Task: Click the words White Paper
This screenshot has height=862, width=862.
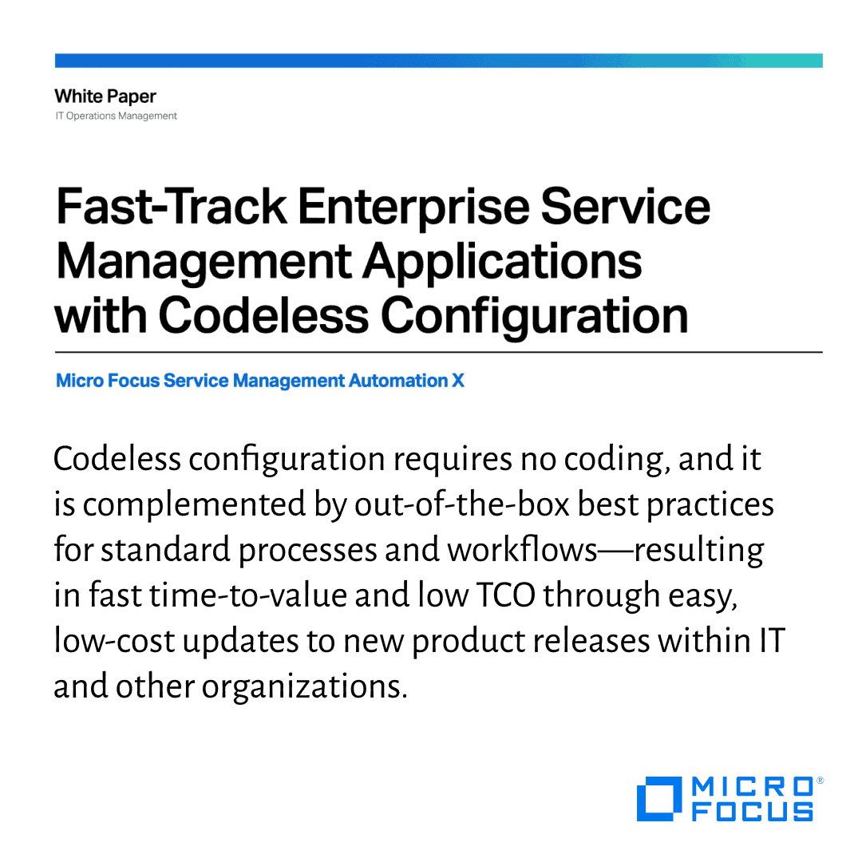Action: click(105, 97)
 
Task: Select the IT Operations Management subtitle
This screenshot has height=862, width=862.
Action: click(116, 116)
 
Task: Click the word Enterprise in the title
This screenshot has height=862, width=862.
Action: click(413, 208)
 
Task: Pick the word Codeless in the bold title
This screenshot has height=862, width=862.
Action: click(264, 315)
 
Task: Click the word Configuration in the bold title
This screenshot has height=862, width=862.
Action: click(534, 318)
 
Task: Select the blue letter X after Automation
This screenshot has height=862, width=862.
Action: click(458, 381)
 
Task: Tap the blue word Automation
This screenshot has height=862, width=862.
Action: click(398, 381)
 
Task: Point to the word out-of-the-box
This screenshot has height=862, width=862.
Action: click(462, 504)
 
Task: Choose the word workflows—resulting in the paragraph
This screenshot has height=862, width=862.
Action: click(605, 551)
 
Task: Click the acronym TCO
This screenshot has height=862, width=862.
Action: click(506, 595)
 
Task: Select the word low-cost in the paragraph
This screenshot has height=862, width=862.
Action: click(114, 641)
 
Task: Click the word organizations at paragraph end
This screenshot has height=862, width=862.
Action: click(305, 688)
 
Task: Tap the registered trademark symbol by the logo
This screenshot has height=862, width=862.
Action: click(820, 780)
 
